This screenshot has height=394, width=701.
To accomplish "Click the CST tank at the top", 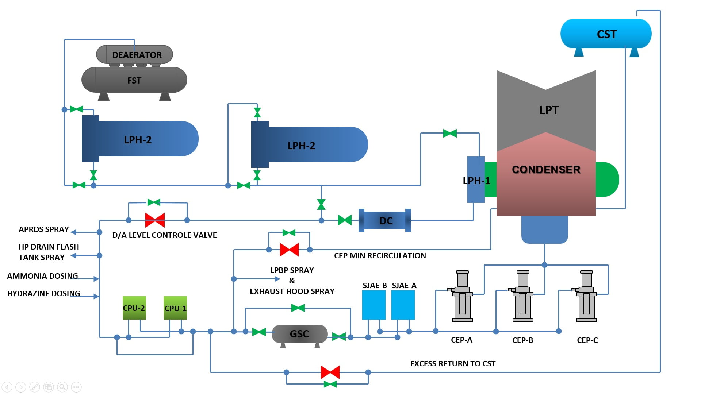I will pos(606,34).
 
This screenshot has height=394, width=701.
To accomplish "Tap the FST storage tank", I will pos(134,80).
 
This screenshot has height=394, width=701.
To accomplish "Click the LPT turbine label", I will pos(549,110).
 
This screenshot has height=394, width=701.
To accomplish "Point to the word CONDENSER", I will pos(546,170).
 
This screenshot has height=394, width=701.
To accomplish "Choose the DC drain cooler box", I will pos(385,221).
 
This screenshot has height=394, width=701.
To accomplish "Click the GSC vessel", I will pos(299,334).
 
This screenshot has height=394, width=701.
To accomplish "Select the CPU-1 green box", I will pos(175,308).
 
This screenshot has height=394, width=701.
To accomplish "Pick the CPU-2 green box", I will pos(134,308).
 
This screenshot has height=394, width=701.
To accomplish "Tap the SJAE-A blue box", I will pos(403,305).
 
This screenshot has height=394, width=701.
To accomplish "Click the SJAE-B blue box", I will pos(374,305).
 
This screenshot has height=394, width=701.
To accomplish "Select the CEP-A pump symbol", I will pos(462,296).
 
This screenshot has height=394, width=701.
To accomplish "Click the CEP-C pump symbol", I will pos(586,296).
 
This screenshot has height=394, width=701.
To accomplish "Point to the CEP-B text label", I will pos(522,340).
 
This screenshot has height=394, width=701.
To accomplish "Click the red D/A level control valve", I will pos(155,220).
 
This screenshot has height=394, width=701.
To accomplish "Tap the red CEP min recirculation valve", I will pos(289,250).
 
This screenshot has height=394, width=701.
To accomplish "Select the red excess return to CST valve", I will pos(330,372).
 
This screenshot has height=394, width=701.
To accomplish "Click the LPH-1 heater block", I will pos(476,179).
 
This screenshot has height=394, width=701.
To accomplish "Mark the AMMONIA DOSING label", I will pos(42,276).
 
